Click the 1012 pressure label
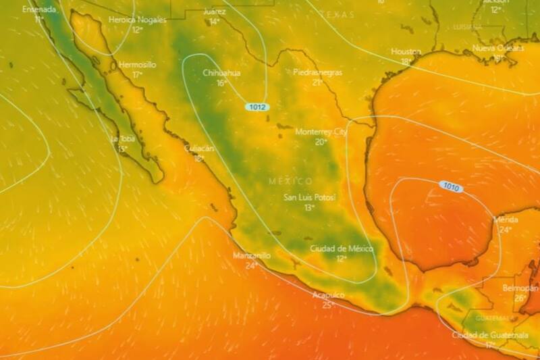pos(257,107)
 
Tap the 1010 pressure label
pos(451,186)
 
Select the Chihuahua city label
pos(221,73)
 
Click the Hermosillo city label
pos(137,65)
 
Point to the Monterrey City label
pos(321,132)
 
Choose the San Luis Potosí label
pos(310,197)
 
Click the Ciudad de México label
pos(342,249)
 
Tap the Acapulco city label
pos(328,295)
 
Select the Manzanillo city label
pos(252,255)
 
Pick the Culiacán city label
pos(199,149)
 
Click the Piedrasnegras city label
pos(317,72)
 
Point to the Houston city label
pos(406,51)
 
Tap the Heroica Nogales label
pos(137,20)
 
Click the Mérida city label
pos(506,220)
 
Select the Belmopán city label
pos(520,288)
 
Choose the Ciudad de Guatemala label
pos(490,335)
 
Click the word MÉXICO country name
pos(291,181)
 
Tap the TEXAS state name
pos(337,14)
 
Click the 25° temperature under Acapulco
pos(328,305)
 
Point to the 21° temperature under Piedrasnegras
pos(317,82)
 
